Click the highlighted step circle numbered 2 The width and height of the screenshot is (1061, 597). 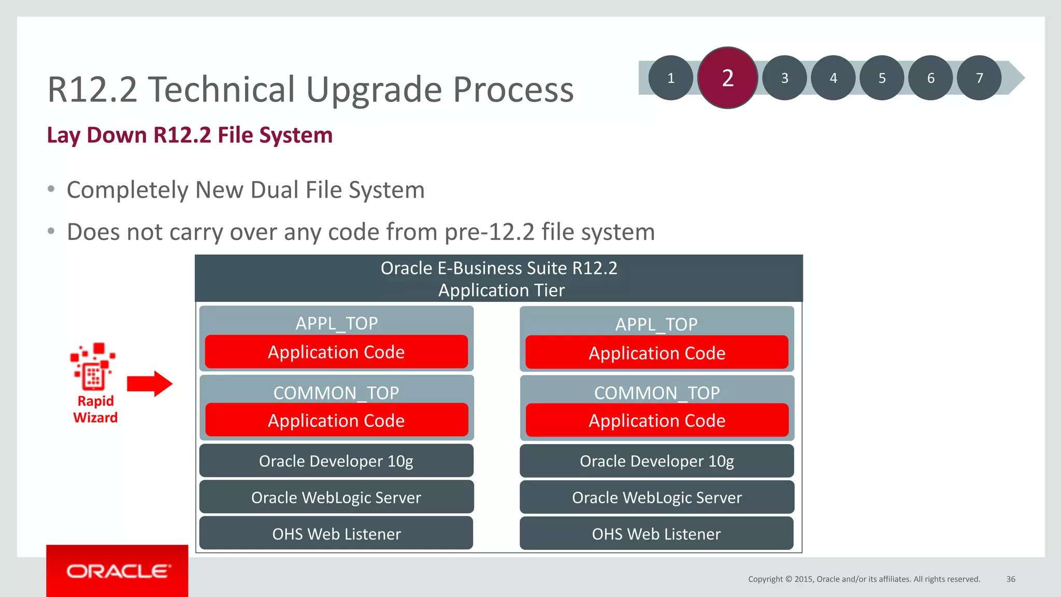(x=727, y=78)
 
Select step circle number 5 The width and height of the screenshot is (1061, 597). (x=882, y=78)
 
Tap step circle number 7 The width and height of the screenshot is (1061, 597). (x=979, y=78)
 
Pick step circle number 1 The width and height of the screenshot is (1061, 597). (x=670, y=78)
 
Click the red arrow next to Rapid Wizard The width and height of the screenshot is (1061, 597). (x=150, y=384)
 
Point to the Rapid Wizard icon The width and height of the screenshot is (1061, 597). (x=93, y=366)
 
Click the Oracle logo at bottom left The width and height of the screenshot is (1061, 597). (x=118, y=571)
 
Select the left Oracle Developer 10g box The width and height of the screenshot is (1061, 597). (x=336, y=461)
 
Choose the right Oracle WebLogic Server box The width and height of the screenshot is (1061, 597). (x=657, y=498)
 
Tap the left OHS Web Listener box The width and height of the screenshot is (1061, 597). (x=336, y=534)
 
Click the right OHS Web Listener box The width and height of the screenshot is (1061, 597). (x=656, y=534)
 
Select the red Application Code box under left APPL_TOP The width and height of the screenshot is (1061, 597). (x=336, y=352)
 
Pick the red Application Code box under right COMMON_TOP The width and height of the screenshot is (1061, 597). (x=657, y=420)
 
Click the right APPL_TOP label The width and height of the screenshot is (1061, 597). (x=656, y=324)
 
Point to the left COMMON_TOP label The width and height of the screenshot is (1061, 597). (x=336, y=392)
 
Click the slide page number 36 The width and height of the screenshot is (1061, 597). (x=1011, y=579)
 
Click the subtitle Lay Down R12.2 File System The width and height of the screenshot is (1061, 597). (x=190, y=135)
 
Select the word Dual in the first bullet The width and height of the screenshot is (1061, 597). (x=274, y=190)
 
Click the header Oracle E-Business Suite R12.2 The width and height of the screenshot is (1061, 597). (x=499, y=268)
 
